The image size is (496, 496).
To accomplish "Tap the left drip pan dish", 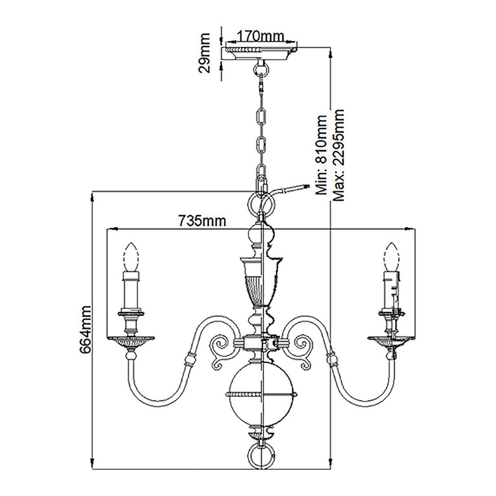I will click(x=131, y=340).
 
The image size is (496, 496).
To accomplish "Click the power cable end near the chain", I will click(x=306, y=186).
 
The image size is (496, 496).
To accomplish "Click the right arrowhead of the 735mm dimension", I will click(x=410, y=228).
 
